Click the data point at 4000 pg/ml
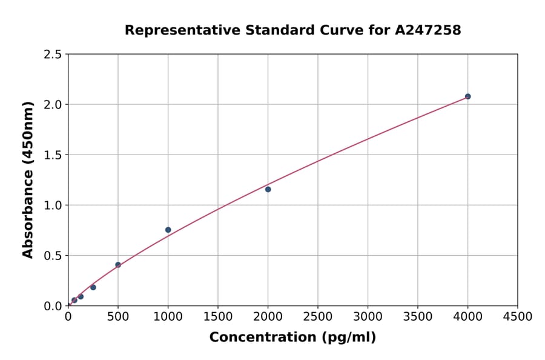coord(467,96)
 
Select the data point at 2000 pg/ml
coord(268,189)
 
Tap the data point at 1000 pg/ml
coord(168,230)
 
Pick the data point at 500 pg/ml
coord(118,265)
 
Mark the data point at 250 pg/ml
coord(93,287)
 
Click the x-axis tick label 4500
coord(518,317)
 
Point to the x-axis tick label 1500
coord(218,317)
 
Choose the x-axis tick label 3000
coord(368,317)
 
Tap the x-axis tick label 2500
coord(318,317)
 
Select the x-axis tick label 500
coord(118,317)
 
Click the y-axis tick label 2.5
coord(53,55)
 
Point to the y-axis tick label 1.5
coord(53,155)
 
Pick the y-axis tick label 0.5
coord(53,256)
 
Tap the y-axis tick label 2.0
coord(53,105)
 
